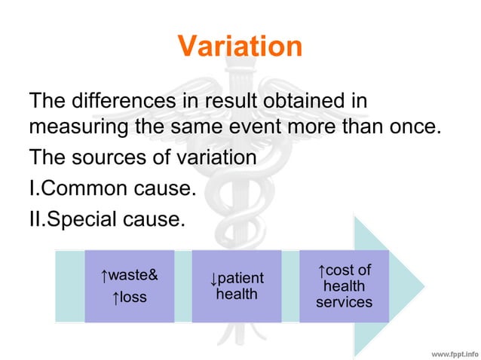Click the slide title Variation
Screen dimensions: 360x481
[240, 47]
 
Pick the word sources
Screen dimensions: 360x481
[112, 158]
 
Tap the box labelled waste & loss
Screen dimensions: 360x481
[129, 286]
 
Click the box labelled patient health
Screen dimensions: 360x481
[237, 286]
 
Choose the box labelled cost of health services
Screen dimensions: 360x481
[344, 286]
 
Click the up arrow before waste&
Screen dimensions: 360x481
[105, 274]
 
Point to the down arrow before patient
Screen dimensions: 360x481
[213, 279]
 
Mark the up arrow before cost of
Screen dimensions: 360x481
[321, 270]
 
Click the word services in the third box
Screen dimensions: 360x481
[344, 303]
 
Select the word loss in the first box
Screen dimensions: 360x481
[133, 297]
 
